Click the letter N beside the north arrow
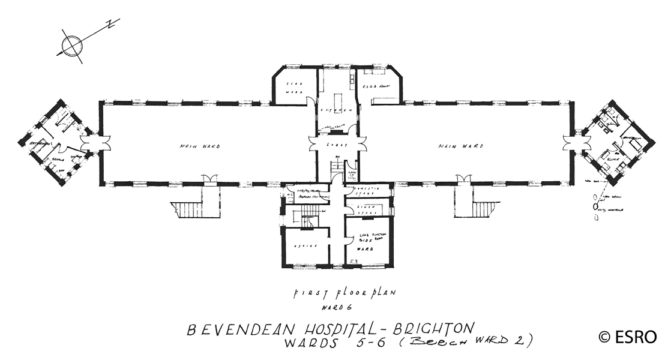point(110,25)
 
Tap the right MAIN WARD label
point(460,146)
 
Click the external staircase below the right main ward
point(484,210)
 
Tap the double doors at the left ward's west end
point(95,143)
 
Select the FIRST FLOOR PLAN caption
point(345,294)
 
